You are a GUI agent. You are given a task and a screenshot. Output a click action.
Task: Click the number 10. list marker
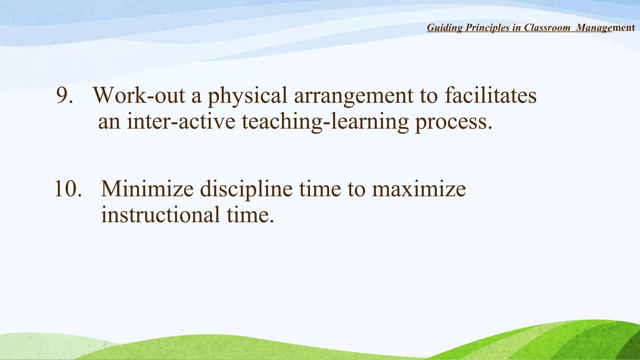coord(68,189)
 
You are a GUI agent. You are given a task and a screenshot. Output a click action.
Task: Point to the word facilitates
coord(491,95)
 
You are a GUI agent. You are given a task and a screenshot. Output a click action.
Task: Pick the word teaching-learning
coord(325,122)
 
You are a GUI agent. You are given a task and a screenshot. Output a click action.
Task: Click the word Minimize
coord(147,189)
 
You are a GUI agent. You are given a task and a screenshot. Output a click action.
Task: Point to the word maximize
coord(419,189)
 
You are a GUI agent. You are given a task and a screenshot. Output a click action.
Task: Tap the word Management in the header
coord(605,28)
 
